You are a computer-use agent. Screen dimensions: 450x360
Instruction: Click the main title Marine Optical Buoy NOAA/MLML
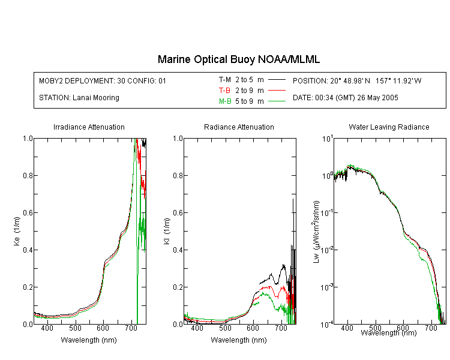238,59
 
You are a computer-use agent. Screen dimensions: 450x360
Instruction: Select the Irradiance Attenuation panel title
89,127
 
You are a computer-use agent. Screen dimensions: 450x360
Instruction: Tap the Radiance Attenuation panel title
239,127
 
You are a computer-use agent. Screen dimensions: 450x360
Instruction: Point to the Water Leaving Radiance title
389,127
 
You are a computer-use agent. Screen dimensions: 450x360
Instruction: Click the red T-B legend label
224,91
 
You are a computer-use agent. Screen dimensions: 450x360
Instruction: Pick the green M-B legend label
225,101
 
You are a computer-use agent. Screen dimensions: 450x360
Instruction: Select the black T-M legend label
225,80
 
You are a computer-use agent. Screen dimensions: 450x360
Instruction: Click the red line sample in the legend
277,91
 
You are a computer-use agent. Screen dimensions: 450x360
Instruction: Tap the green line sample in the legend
277,101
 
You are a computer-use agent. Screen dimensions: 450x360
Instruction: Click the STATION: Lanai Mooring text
79,98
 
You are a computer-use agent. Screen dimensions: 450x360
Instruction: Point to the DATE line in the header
345,98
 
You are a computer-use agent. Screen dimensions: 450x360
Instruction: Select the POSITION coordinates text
357,80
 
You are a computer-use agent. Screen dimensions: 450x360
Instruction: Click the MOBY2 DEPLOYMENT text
103,80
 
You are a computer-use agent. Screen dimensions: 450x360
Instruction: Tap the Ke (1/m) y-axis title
17,231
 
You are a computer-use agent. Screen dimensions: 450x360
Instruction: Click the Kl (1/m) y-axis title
167,231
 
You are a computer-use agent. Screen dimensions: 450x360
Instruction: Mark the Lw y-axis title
316,232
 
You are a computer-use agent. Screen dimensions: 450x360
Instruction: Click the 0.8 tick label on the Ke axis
28,175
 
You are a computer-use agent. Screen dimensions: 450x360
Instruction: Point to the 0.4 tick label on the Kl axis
178,250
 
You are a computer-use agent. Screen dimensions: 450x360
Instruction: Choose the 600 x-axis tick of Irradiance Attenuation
103,328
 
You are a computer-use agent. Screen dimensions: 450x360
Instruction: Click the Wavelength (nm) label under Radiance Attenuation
239,340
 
